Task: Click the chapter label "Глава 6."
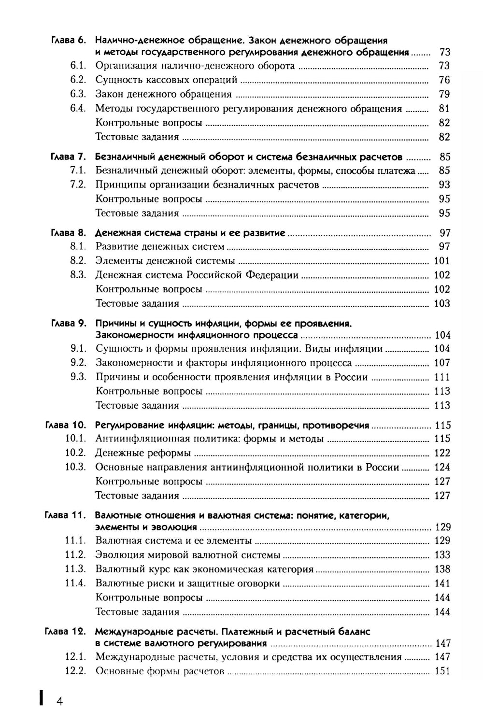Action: pyautogui.click(x=68, y=40)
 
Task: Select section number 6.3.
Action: pyautogui.click(x=78, y=94)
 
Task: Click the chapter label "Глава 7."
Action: pyautogui.click(x=68, y=156)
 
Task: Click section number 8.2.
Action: pyautogui.click(x=78, y=260)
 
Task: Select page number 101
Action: pyautogui.click(x=442, y=261)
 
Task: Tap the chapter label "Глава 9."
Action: pyautogui.click(x=68, y=323)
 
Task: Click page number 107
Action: pyautogui.click(x=442, y=363)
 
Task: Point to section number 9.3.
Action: pyautogui.click(x=78, y=377)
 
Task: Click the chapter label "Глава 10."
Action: pyautogui.click(x=65, y=425)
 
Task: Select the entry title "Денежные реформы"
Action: pyautogui.click(x=143, y=453)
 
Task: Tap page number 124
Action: pyautogui.click(x=442, y=467)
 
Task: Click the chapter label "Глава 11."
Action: pyautogui.click(x=65, y=515)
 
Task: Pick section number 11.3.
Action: pyautogui.click(x=75, y=569)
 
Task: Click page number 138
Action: pyautogui.click(x=442, y=569)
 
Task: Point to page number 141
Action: pyautogui.click(x=442, y=583)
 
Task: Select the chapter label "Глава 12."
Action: pyautogui.click(x=65, y=631)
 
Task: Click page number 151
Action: pyautogui.click(x=442, y=671)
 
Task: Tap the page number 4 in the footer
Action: pyautogui.click(x=59, y=701)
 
